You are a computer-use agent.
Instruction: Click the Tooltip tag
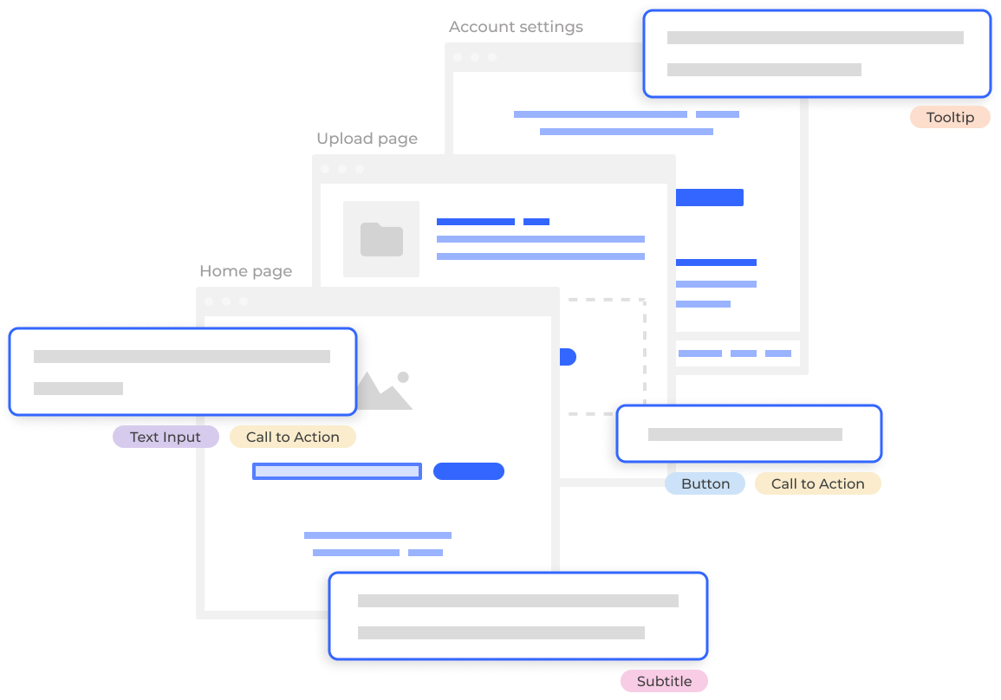pos(950,118)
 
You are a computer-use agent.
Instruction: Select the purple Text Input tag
pos(165,437)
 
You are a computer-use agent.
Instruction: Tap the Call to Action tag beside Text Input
pos(292,437)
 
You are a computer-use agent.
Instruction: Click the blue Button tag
pos(705,484)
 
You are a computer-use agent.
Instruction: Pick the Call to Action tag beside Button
pos(817,484)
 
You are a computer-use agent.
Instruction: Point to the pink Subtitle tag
pos(665,682)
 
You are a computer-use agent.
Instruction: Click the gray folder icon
pos(381,239)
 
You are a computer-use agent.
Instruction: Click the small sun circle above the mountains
pos(403,377)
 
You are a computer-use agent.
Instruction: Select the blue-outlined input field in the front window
pos(336,471)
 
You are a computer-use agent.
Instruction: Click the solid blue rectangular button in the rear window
pos(709,198)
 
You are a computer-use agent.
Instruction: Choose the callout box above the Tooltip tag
pos(816,53)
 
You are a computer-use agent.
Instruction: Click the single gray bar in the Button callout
pos(745,434)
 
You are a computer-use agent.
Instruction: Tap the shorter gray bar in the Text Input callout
pos(78,388)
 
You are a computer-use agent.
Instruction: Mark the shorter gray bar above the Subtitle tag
pos(501,632)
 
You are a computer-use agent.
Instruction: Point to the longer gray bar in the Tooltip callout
pos(815,38)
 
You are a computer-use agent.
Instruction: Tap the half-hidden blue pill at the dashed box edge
pos(568,357)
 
